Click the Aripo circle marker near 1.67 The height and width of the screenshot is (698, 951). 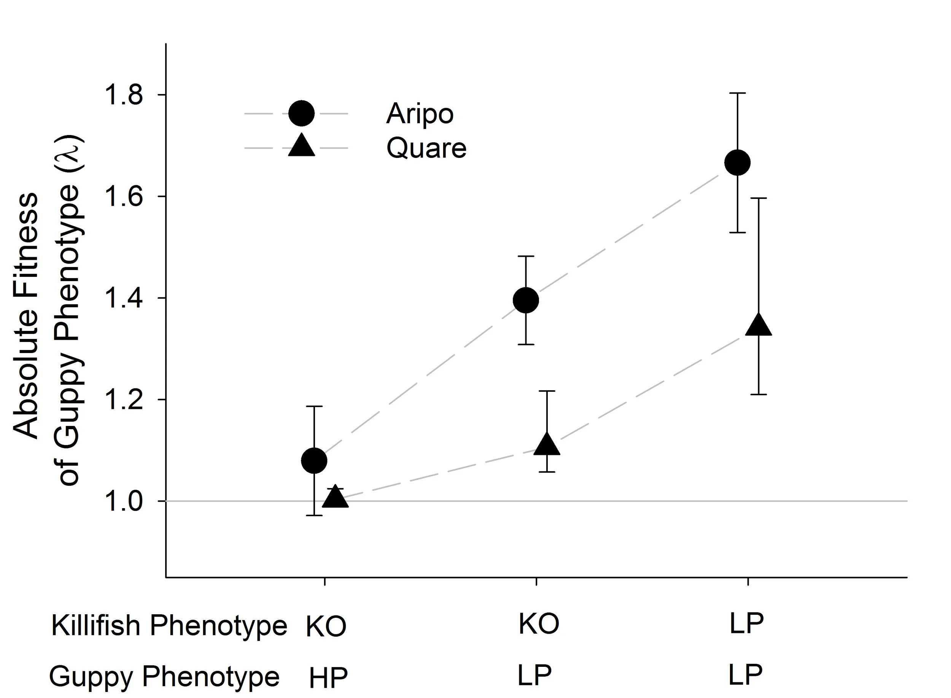(737, 162)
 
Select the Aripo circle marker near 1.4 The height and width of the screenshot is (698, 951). (526, 301)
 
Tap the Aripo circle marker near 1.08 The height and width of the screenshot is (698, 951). (314, 460)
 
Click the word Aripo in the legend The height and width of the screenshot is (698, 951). (420, 114)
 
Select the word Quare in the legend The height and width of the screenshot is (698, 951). (426, 148)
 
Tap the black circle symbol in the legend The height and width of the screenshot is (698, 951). (301, 113)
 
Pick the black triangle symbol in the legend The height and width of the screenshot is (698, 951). (301, 146)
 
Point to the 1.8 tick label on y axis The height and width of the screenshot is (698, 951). (123, 95)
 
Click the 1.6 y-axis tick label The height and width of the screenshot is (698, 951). (123, 197)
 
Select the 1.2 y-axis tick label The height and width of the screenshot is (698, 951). (123, 400)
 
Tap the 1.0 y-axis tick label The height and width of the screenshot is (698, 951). (123, 501)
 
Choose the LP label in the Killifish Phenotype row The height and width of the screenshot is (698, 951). (746, 623)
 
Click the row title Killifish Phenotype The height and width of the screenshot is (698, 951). (169, 626)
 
